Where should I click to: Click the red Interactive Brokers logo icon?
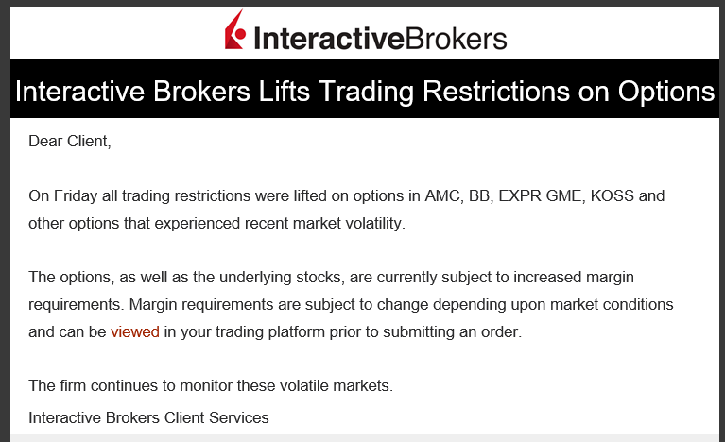click(x=234, y=30)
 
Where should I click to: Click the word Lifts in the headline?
click(x=284, y=92)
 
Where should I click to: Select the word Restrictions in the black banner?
click(x=496, y=92)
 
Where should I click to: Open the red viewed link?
click(x=135, y=331)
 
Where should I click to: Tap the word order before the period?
click(x=502, y=331)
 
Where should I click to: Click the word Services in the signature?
click(x=239, y=417)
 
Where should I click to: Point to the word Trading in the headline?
click(x=366, y=92)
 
